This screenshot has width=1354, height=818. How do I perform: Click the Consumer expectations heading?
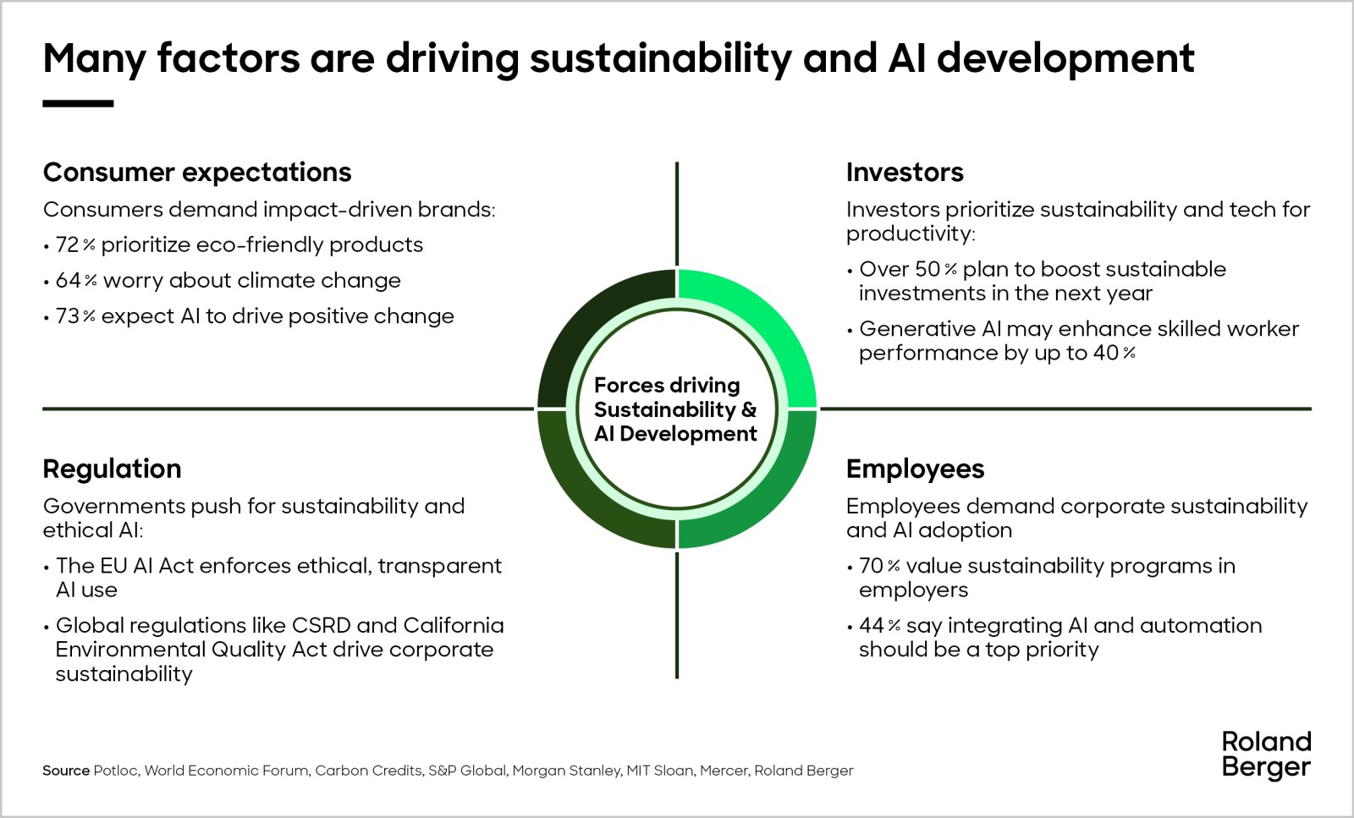[x=197, y=173]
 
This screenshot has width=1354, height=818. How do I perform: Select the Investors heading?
[x=905, y=173]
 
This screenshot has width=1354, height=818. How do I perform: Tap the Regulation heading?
[x=112, y=469]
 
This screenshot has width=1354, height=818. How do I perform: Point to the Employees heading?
[x=915, y=469]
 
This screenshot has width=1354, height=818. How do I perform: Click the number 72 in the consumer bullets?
[x=67, y=244]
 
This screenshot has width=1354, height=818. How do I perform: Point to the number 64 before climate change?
[x=68, y=280]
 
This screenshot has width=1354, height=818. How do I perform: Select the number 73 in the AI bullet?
[x=67, y=316]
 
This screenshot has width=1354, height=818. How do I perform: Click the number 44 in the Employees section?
[x=872, y=625]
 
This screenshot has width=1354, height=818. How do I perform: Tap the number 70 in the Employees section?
[x=871, y=566]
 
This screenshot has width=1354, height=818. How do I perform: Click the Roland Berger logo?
[x=1266, y=755]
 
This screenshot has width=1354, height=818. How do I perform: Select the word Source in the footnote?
[x=66, y=771]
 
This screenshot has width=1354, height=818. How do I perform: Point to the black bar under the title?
[x=78, y=104]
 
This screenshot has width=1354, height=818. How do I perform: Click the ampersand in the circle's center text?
[x=748, y=409]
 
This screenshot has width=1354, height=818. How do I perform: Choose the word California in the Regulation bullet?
[x=454, y=625]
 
